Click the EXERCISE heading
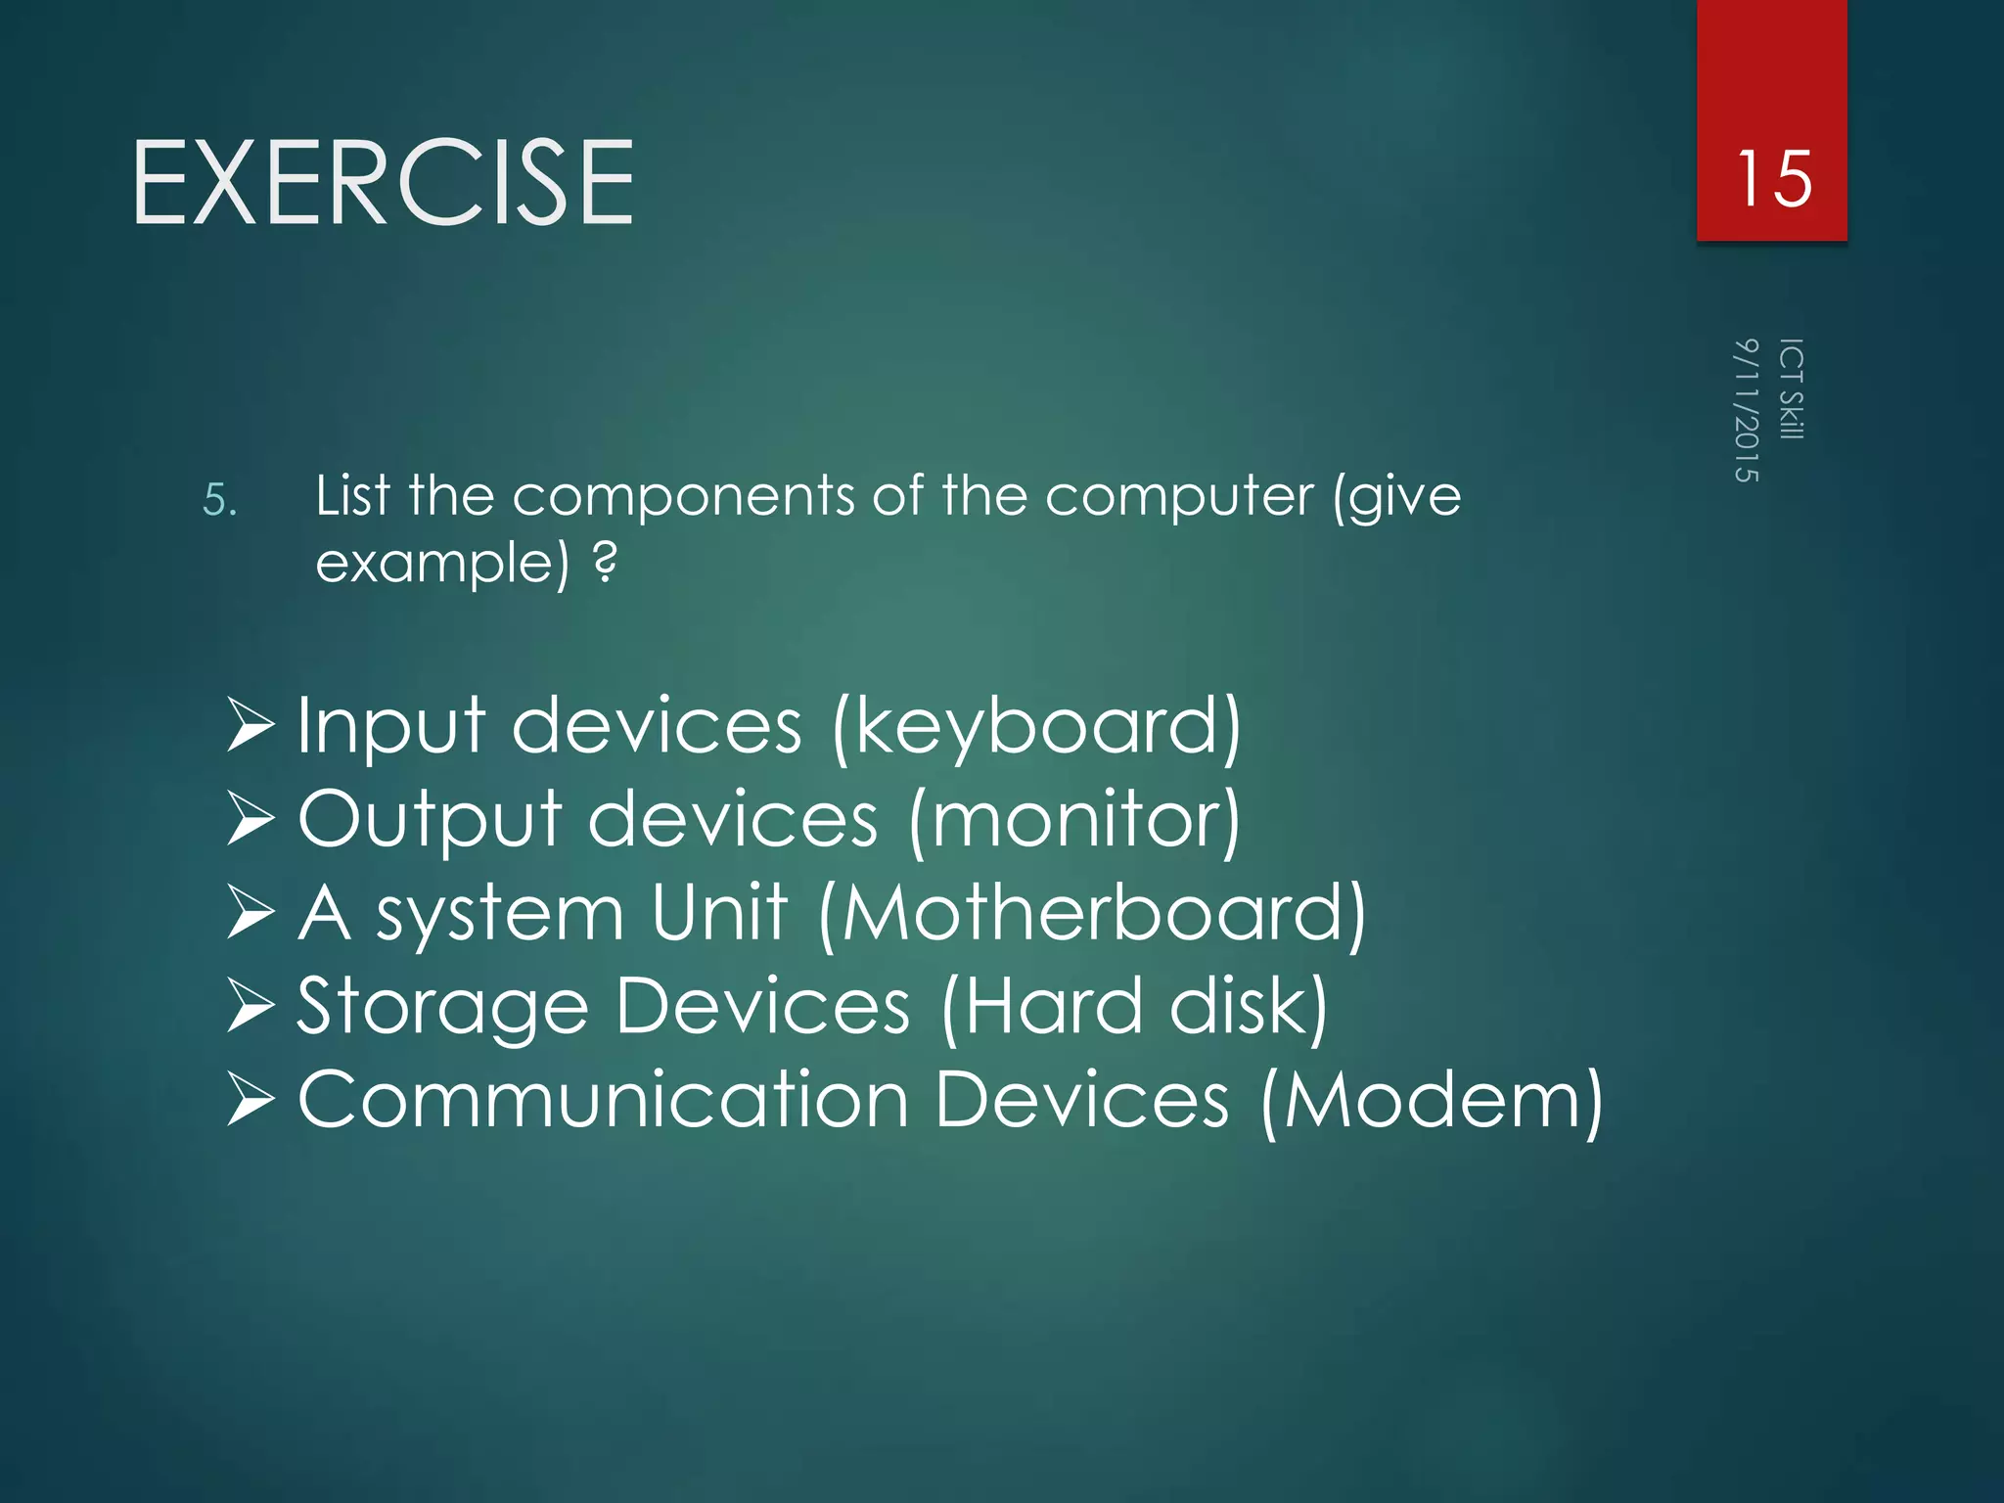(x=384, y=183)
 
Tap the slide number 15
(x=1773, y=179)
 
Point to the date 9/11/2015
(x=1746, y=410)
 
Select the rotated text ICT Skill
(x=1791, y=388)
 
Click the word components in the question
(x=683, y=496)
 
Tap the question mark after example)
(x=606, y=562)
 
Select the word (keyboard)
(x=1036, y=727)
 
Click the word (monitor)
(x=1073, y=820)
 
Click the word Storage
(x=442, y=1008)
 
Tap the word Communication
(x=603, y=1101)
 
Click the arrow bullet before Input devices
(x=250, y=725)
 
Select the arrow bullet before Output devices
(x=250, y=819)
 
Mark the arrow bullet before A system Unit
(x=250, y=912)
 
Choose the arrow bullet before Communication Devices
(x=250, y=1100)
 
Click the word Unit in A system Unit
(x=719, y=913)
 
